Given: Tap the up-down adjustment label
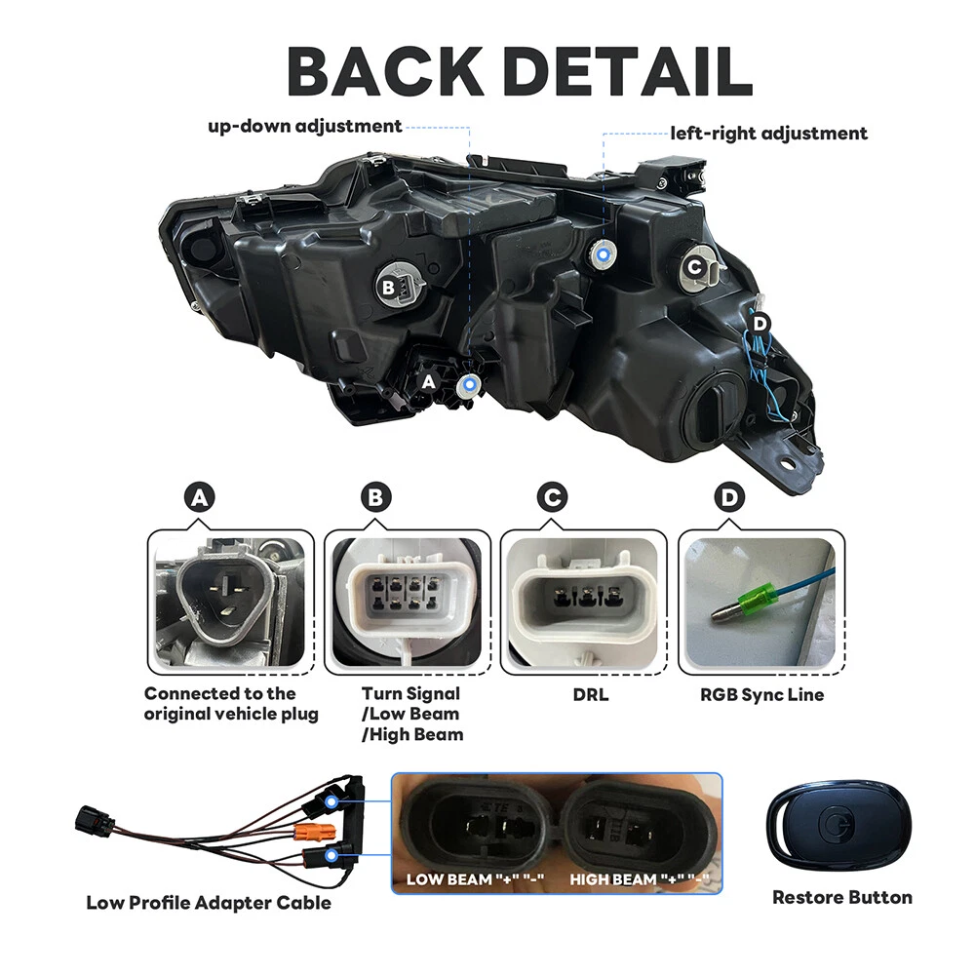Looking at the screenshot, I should pos(304,126).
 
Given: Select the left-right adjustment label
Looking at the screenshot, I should pos(768,133).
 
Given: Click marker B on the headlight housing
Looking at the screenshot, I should pos(388,286).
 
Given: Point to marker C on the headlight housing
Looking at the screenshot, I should pos(694,266).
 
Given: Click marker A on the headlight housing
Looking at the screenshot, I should pos(427,383).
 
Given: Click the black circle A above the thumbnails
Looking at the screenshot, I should pos(200,498).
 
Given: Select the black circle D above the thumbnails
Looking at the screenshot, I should pos(728,498).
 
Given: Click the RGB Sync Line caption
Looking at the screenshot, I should pos(761,695).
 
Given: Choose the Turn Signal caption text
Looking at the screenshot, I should pos(410,694).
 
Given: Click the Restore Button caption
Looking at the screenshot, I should pos(842,897).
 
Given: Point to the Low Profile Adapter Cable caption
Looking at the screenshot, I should pos(209,902).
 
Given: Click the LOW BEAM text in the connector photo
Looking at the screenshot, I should pos(449,880).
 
